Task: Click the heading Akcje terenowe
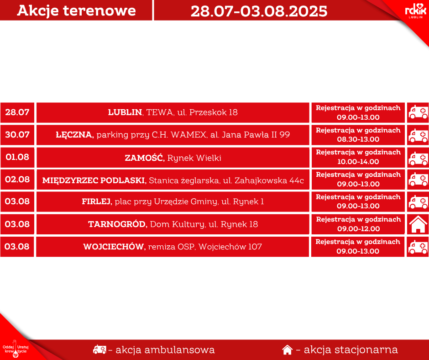point(76,11)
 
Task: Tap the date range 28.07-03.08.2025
point(259,11)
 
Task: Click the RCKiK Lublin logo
point(416,11)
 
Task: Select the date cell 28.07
point(17,112)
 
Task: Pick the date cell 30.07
point(17,135)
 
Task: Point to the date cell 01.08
point(17,157)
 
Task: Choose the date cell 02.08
point(17,180)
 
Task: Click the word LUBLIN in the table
point(125,112)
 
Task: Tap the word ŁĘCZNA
point(74,135)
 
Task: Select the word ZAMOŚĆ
point(144,158)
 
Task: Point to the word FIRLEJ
point(96,201)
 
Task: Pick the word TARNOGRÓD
point(117,224)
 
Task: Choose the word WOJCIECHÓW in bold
point(114,247)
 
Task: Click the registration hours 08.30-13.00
point(358,139)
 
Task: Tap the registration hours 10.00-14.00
point(358,162)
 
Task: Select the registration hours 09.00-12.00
point(358,229)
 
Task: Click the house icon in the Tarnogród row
point(418,224)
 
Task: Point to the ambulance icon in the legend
point(99,349)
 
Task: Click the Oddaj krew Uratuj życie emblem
point(16,349)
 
